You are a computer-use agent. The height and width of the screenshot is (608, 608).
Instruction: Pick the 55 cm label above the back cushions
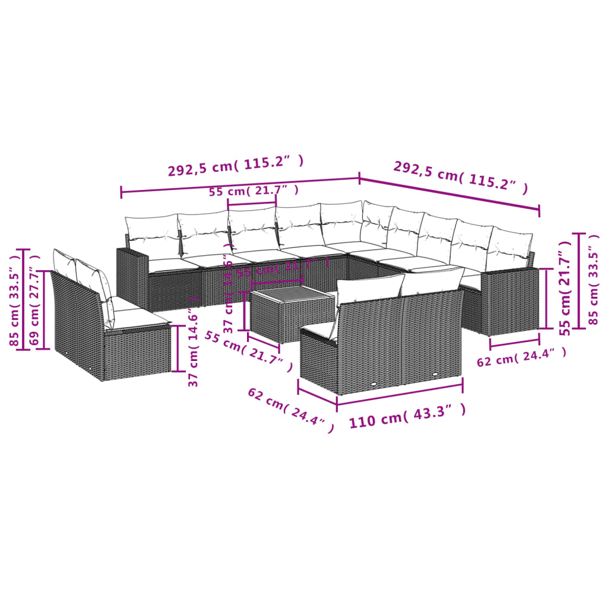click(x=254, y=191)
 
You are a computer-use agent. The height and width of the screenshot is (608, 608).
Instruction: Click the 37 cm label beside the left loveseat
click(x=194, y=342)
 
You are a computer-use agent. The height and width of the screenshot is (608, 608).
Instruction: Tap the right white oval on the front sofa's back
click(x=435, y=374)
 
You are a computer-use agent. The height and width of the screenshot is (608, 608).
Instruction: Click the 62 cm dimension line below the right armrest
click(x=514, y=343)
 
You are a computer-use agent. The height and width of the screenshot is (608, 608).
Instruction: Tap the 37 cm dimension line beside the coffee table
click(x=245, y=310)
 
